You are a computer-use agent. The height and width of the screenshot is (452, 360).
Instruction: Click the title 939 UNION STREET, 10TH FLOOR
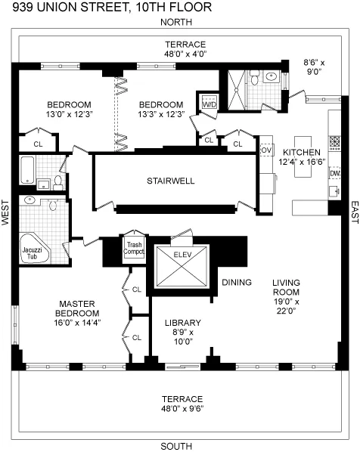(x=106, y=8)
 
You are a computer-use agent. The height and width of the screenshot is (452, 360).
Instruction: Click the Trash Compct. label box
(x=134, y=249)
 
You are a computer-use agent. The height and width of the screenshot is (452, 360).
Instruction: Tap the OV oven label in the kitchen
(x=265, y=150)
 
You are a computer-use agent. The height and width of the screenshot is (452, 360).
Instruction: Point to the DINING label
(x=236, y=283)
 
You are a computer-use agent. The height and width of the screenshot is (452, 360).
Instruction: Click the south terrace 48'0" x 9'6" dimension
(x=182, y=409)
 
